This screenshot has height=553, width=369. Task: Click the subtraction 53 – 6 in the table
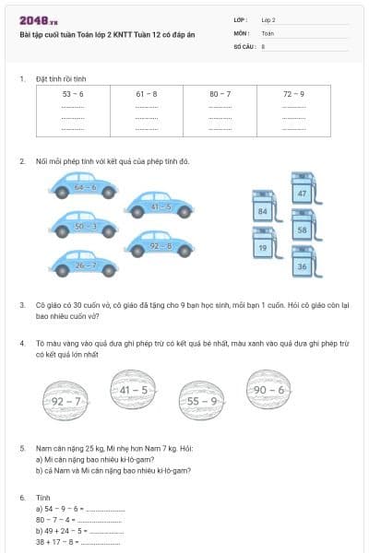click(x=73, y=94)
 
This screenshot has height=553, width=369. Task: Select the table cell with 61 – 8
click(x=146, y=94)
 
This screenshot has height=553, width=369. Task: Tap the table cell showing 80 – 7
click(x=220, y=94)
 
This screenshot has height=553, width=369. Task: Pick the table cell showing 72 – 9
click(x=293, y=94)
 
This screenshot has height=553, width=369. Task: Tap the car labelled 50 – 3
click(x=85, y=225)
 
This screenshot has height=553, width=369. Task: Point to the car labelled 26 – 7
click(x=85, y=265)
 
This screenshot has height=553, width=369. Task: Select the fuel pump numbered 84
click(x=263, y=209)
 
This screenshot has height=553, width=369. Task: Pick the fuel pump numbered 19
click(x=263, y=246)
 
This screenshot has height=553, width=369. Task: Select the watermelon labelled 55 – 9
click(x=201, y=400)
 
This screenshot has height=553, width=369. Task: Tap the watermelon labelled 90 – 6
click(x=268, y=390)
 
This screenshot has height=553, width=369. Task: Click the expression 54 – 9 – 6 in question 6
click(x=65, y=508)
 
